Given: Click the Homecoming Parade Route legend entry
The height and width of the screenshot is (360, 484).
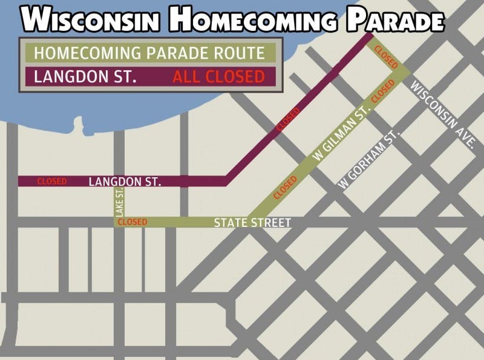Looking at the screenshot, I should pyautogui.click(x=149, y=53).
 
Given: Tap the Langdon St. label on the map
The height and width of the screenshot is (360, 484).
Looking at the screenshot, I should pyautogui.click(x=125, y=181).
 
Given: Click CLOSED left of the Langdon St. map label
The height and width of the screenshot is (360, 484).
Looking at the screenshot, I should pyautogui.click(x=52, y=181).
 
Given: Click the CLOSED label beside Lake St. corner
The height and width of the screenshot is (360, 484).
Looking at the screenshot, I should pyautogui.click(x=132, y=222).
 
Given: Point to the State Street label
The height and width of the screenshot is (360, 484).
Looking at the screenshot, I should pyautogui.click(x=252, y=223).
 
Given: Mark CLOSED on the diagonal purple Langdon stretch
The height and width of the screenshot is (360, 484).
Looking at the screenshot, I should pyautogui.click(x=288, y=120).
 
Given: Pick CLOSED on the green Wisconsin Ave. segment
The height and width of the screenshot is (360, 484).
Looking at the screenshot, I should pyautogui.click(x=385, y=55).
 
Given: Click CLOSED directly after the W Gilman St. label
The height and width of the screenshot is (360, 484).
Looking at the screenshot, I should pyautogui.click(x=382, y=90).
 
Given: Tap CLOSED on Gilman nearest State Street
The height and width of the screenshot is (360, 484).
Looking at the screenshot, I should pyautogui.click(x=286, y=188).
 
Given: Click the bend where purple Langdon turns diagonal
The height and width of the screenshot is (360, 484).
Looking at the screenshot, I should pyautogui.click(x=226, y=180).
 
